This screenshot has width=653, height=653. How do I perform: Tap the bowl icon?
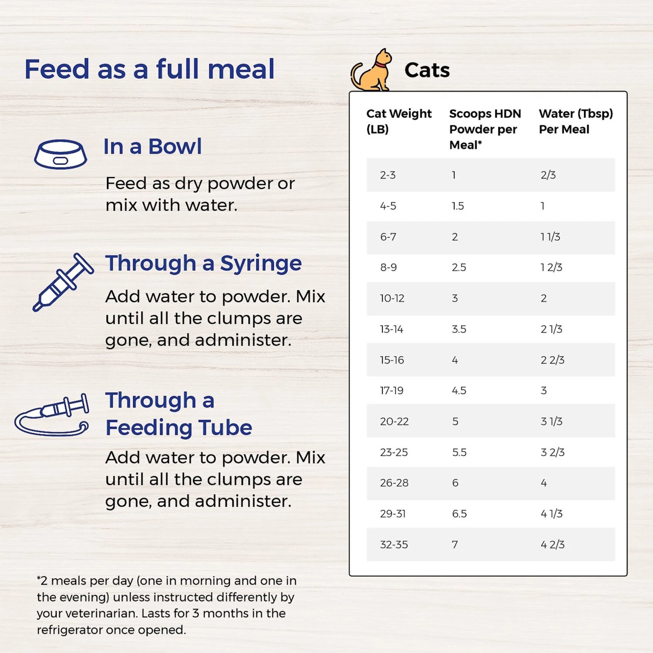coord(61,154)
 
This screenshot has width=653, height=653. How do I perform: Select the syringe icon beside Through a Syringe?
coord(63,282)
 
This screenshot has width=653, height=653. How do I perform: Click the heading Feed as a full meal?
coord(149,69)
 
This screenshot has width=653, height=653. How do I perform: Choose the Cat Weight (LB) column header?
coord(398,121)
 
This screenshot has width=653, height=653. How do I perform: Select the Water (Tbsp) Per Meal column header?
coord(576,121)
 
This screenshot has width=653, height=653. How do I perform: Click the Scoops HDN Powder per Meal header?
coord(485,129)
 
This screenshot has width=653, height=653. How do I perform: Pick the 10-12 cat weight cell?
coord(392,299)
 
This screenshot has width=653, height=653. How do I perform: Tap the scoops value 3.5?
coord(459,329)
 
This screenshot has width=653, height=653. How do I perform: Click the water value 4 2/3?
coord(552,545)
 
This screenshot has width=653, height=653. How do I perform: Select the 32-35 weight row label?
coord(394,545)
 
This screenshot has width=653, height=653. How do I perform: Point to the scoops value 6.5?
coord(459,514)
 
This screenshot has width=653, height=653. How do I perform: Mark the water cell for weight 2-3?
coord(548,175)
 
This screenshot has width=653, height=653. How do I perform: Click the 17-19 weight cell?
coord(391,390)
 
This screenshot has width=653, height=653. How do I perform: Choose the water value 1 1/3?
coord(550,237)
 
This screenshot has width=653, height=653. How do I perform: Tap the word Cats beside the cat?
coord(427,70)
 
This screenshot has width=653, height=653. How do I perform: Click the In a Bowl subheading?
coord(152,146)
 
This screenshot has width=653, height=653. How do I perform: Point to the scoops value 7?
coord(455,545)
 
